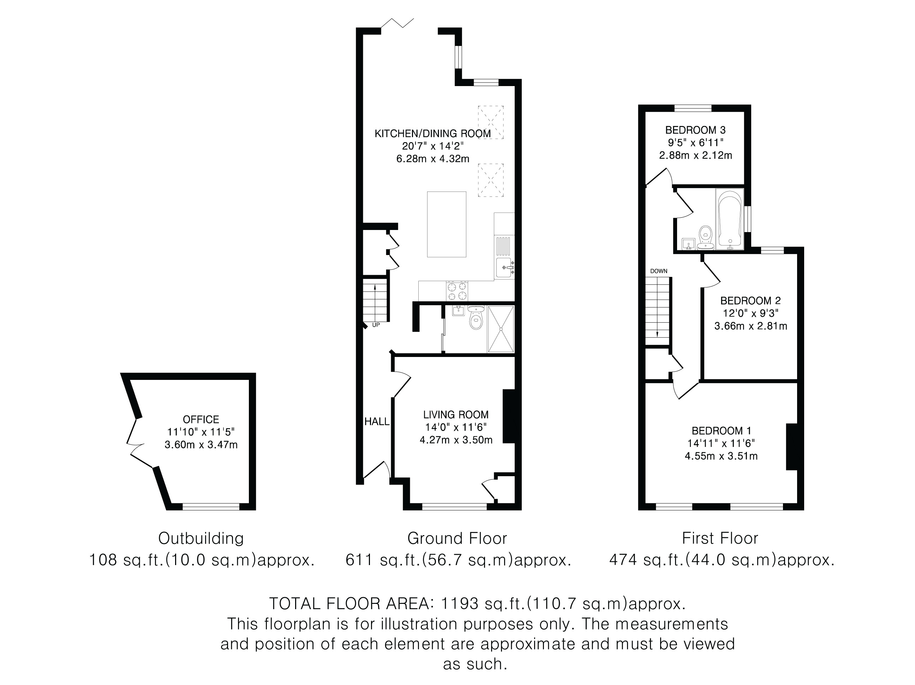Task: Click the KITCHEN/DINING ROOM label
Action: click(x=433, y=134)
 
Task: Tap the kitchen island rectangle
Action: click(x=447, y=224)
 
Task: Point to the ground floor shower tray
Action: click(x=501, y=329)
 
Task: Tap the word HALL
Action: click(x=377, y=421)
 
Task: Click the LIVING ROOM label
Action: click(x=456, y=415)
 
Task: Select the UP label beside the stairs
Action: click(x=376, y=325)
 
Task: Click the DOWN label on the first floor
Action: click(x=658, y=271)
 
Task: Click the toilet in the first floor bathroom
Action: click(x=705, y=238)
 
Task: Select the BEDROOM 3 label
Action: click(x=695, y=130)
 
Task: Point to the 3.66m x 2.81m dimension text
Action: click(x=751, y=326)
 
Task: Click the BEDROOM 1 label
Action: click(x=722, y=431)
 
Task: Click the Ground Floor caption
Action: click(x=457, y=538)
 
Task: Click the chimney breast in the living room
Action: click(x=509, y=416)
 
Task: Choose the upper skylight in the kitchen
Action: click(x=491, y=122)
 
